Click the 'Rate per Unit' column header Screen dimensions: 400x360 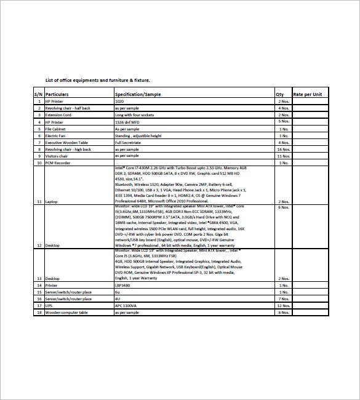(308, 94)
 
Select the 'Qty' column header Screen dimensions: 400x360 (279, 94)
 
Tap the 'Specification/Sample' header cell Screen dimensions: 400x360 (138, 94)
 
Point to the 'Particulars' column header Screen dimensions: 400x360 (57, 94)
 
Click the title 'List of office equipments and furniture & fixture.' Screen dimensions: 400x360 (98, 80)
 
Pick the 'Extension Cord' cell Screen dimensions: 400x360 (58, 115)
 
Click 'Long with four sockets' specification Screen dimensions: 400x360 (134, 115)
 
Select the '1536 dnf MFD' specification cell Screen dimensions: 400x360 (128, 122)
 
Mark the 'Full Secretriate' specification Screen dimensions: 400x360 (128, 143)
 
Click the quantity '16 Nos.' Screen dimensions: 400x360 (283, 150)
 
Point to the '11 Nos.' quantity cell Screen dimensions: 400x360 (283, 156)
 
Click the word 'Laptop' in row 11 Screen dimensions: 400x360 (52, 201)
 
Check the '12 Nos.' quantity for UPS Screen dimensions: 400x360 (283, 305)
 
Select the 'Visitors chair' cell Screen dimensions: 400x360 (57, 156)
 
